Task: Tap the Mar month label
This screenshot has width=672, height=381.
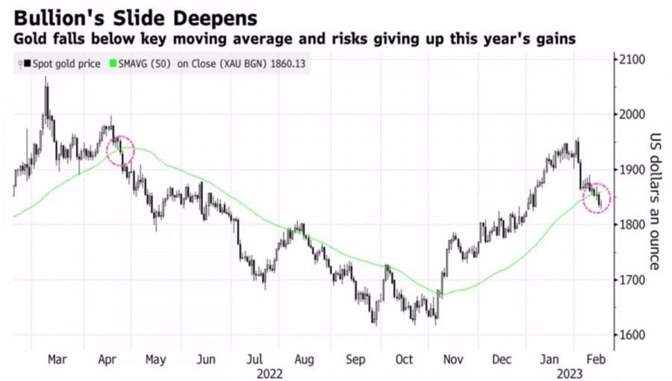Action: (57, 359)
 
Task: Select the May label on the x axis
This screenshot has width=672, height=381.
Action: (155, 359)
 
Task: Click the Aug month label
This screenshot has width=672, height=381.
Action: (304, 359)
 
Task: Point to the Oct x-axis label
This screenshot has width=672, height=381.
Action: (404, 359)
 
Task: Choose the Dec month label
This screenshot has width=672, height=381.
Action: (503, 359)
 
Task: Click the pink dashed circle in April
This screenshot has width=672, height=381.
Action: (120, 151)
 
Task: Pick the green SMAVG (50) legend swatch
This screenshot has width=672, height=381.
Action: (113, 64)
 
